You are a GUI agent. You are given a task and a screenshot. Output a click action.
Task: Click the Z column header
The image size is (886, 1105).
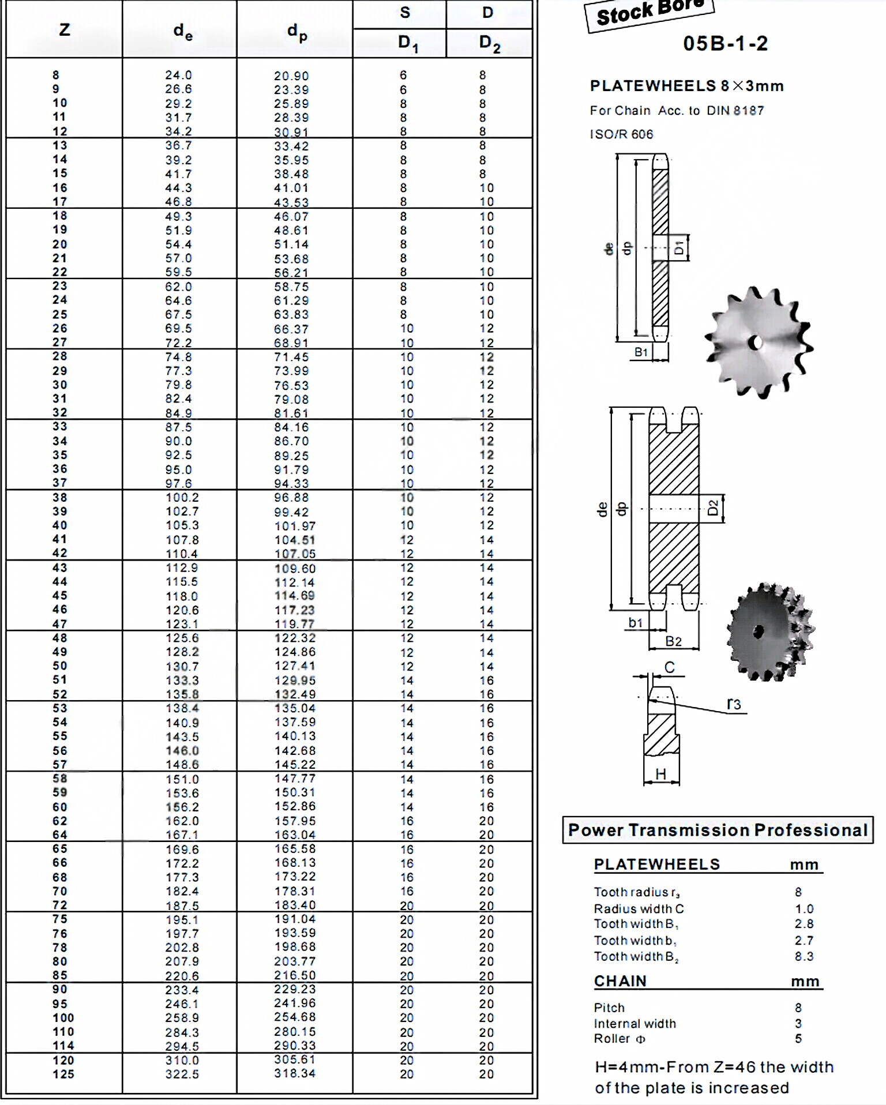tap(64, 29)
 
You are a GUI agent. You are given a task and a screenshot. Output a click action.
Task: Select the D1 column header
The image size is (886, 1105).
tap(407, 44)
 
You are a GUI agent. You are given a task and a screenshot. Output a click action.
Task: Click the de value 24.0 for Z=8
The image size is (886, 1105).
tap(178, 76)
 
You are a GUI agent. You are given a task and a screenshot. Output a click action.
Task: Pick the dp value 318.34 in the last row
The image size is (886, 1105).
tap(295, 1074)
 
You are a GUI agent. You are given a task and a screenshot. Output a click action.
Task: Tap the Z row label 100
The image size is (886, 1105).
tap(63, 1018)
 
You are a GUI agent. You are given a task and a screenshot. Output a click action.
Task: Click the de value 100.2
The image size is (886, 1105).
tap(182, 498)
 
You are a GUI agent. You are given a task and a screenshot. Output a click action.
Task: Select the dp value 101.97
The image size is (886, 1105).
tap(295, 526)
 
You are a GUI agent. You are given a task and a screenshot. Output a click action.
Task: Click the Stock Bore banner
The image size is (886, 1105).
tap(650, 13)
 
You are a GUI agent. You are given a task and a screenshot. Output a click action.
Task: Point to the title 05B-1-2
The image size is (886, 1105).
tap(725, 44)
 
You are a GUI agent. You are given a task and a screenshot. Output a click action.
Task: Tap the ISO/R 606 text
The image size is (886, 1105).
tap(621, 134)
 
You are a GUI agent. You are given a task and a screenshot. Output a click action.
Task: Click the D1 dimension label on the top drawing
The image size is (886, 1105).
tap(679, 248)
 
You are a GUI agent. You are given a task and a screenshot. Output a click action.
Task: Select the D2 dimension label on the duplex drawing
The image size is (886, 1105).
tap(713, 508)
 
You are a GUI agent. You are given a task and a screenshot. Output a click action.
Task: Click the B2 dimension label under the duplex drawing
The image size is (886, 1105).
tap(673, 641)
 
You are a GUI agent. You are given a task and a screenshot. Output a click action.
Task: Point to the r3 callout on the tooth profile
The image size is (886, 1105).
tap(733, 704)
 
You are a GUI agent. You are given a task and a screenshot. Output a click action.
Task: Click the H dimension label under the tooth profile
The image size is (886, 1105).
tap(661, 774)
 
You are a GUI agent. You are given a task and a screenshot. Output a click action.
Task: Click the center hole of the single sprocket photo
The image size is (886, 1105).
tap(756, 343)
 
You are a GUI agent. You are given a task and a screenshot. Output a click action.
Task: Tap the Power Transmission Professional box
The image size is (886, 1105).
tap(718, 830)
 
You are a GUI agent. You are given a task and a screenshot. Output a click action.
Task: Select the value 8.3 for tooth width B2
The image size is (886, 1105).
tap(804, 957)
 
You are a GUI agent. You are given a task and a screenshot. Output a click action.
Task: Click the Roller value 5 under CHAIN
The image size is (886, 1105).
tap(798, 1039)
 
